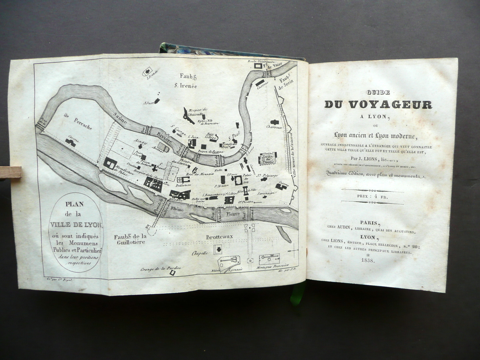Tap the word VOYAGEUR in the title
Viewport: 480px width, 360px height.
coord(391,105)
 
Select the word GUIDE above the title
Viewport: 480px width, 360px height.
coord(378,92)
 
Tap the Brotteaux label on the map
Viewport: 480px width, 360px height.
coord(219,236)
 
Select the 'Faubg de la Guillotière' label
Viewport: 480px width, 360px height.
coord(130,239)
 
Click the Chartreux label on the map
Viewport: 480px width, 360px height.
coord(274,127)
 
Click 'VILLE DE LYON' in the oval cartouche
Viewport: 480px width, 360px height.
coord(76,225)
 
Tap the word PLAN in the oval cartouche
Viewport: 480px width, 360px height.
coord(76,204)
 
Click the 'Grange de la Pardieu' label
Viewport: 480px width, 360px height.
coord(155,269)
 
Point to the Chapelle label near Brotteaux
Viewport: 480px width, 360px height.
coord(200,253)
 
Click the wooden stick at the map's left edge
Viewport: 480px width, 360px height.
coord(10,172)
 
